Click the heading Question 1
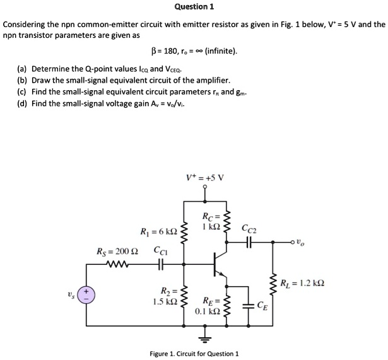click(x=194, y=7)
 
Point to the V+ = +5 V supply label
click(x=204, y=177)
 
